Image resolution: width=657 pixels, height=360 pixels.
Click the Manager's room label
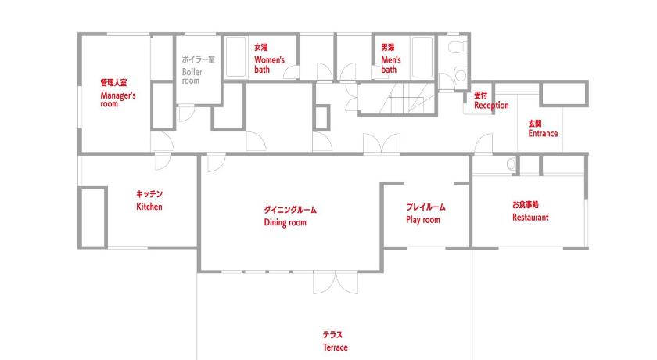click(x=118, y=99)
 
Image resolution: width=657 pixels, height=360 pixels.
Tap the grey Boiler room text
click(x=192, y=76)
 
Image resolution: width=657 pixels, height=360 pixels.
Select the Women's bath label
click(x=269, y=64)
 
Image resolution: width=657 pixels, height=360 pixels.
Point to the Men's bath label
click(x=390, y=64)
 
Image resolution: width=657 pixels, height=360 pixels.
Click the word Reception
click(x=491, y=105)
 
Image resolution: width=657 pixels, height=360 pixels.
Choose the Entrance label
click(x=543, y=133)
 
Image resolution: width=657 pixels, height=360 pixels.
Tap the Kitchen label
click(x=149, y=206)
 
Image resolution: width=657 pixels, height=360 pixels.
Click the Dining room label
click(x=285, y=222)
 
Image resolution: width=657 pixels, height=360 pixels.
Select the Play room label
click(x=423, y=220)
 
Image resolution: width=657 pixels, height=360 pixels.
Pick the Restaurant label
click(x=530, y=217)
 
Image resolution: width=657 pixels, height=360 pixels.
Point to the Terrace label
click(x=336, y=347)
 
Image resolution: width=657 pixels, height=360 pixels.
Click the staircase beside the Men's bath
click(x=397, y=98)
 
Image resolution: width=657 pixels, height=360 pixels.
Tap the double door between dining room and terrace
click(x=336, y=283)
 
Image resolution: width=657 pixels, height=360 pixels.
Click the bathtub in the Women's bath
click(x=236, y=57)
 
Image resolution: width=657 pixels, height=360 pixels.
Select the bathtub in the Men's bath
click(x=422, y=57)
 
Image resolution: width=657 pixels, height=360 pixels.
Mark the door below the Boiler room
click(x=186, y=113)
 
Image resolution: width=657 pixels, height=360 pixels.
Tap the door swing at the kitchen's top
click(x=163, y=162)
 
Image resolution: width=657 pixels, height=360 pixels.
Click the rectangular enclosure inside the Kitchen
click(x=93, y=218)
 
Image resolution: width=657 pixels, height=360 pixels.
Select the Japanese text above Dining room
click(x=290, y=210)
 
